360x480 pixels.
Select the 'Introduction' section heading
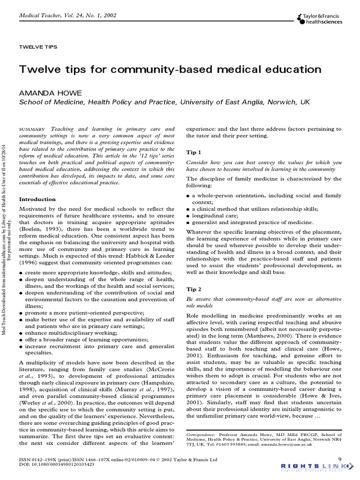pos(37,199)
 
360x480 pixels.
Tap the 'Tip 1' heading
pos(194,152)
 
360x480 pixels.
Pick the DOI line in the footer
pos(57,464)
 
